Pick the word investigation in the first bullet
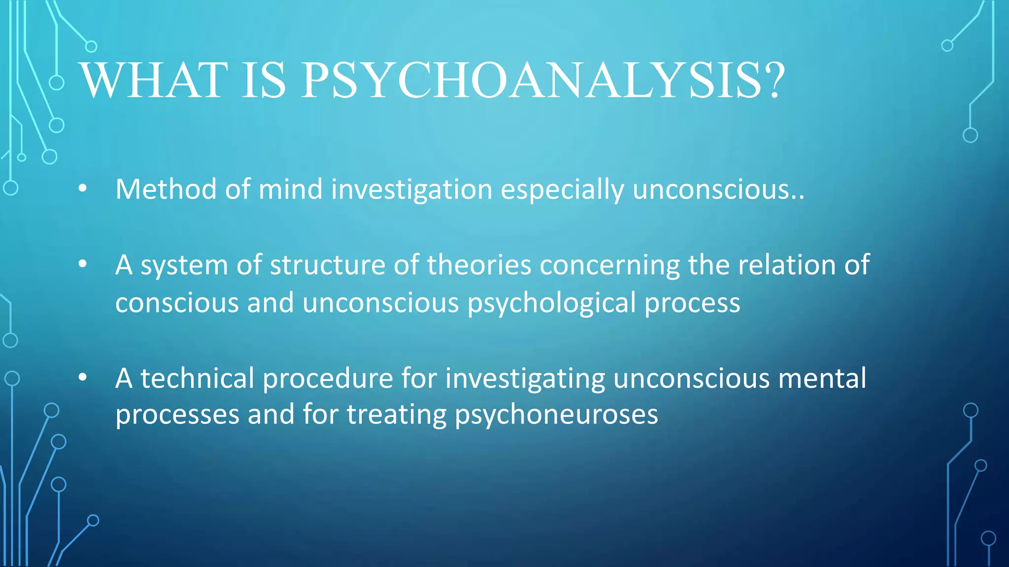(411, 190)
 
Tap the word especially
(562, 190)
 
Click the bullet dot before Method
(82, 189)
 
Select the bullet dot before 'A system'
(82, 264)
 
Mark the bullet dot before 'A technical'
(82, 378)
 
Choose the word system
(184, 266)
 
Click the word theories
(479, 265)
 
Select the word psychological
(552, 303)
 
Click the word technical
(197, 378)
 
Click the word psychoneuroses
(556, 415)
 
